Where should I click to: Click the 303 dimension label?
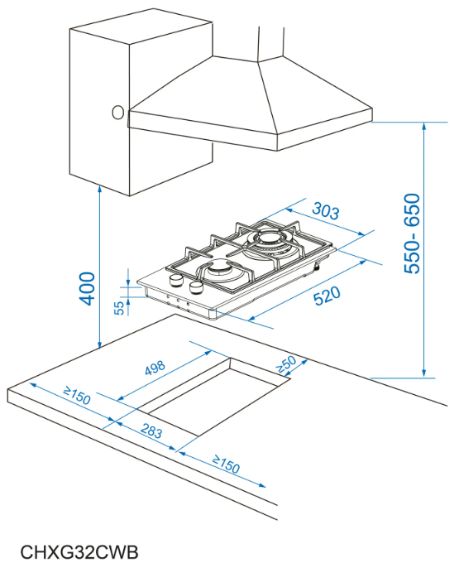(x=326, y=211)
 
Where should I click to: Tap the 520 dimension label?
(x=327, y=296)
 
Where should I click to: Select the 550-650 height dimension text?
(x=412, y=233)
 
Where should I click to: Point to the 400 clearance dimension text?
(x=87, y=289)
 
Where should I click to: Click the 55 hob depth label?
(x=119, y=308)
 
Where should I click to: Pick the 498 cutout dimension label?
(x=155, y=368)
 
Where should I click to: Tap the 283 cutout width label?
(x=151, y=431)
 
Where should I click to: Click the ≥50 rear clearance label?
(x=286, y=364)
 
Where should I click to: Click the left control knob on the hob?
(x=176, y=280)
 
